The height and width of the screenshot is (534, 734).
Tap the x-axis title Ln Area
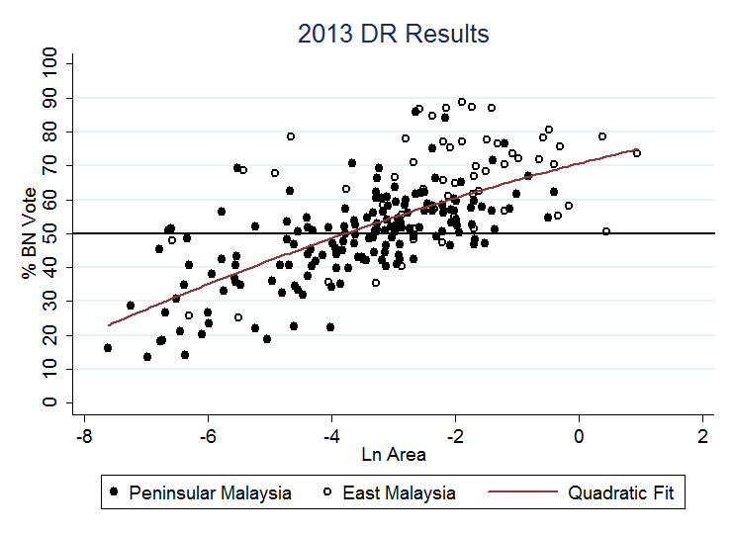pos(393,455)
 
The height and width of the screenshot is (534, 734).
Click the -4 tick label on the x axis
pos(330,436)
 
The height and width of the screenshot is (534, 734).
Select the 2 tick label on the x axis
pos(702,436)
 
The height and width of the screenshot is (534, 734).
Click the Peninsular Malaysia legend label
pos(210,492)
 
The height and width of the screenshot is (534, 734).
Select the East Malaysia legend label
pos(399,492)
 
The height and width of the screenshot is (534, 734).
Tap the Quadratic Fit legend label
pos(621,492)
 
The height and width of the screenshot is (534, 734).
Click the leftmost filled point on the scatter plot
pos(108,348)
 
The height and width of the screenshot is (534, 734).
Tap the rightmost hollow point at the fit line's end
pos(637,153)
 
